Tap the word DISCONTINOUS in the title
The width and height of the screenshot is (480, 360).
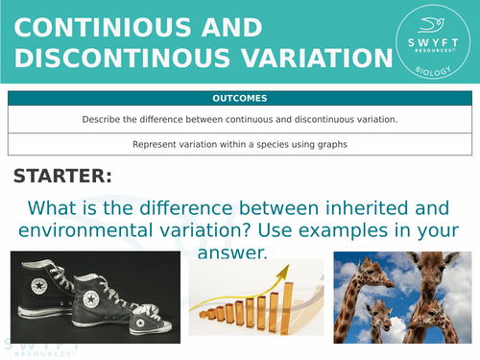tap(111, 60)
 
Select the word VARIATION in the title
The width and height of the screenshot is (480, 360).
tap(305, 60)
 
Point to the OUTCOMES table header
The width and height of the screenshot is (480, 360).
tap(241, 98)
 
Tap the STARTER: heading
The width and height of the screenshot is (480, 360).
tap(62, 177)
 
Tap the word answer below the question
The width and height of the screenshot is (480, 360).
tap(228, 253)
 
